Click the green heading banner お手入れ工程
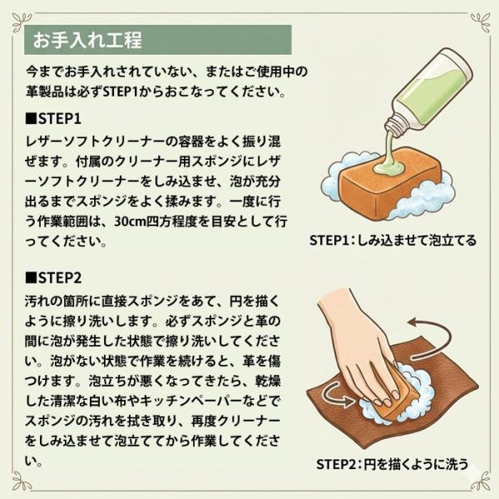click(x=157, y=40)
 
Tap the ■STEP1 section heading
click(x=53, y=119)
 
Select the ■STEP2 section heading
click(x=53, y=278)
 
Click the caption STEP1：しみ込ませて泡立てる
click(x=393, y=240)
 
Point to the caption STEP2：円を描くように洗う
click(x=392, y=464)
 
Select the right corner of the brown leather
click(x=478, y=384)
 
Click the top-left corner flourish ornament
click(x=22, y=22)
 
